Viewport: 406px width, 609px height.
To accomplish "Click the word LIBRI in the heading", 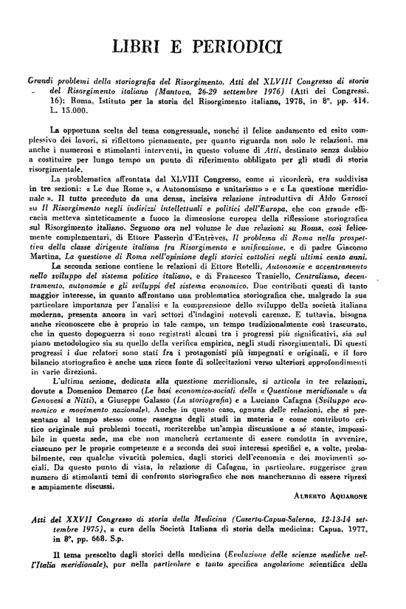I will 142,49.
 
